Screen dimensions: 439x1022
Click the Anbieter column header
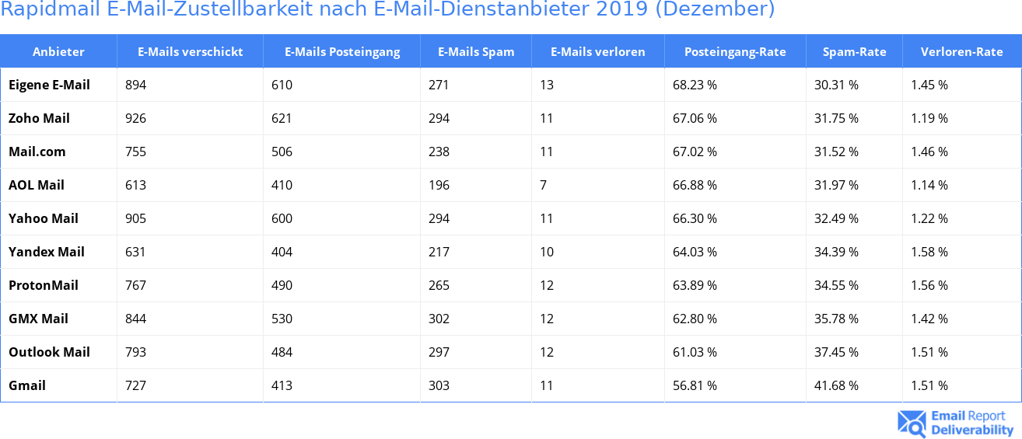pyautogui.click(x=58, y=52)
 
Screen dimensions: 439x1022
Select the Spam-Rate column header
pyautogui.click(x=854, y=52)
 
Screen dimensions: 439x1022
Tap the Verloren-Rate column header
pyautogui.click(x=961, y=52)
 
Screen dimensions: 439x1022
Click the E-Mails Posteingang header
pyautogui.click(x=342, y=52)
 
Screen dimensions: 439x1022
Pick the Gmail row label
pyautogui.click(x=27, y=385)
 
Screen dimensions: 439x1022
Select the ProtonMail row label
pyautogui.click(x=44, y=285)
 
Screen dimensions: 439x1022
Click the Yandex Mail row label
pyautogui.click(x=47, y=252)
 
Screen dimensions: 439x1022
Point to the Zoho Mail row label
pyautogui.click(x=39, y=118)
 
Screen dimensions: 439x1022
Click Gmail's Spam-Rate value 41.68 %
pyautogui.click(x=836, y=385)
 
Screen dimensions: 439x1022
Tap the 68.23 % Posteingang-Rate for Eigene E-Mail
pyautogui.click(x=695, y=85)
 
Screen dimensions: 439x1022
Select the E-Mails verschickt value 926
pyautogui.click(x=135, y=118)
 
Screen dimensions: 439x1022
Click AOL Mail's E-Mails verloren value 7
pyautogui.click(x=543, y=185)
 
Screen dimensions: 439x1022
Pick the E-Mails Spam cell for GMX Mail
pyautogui.click(x=439, y=319)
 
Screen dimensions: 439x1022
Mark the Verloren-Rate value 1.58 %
pyautogui.click(x=929, y=252)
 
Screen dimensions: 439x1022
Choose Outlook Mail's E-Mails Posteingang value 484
pyautogui.click(x=282, y=352)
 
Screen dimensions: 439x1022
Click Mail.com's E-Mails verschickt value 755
pyautogui.click(x=135, y=152)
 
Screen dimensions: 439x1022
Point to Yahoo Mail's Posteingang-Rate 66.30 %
pyautogui.click(x=695, y=218)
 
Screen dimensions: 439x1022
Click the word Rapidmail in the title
pyautogui.click(x=49, y=9)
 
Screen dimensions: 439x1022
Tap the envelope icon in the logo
pyautogui.click(x=912, y=423)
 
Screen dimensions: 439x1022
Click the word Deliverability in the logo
pyautogui.click(x=972, y=430)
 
